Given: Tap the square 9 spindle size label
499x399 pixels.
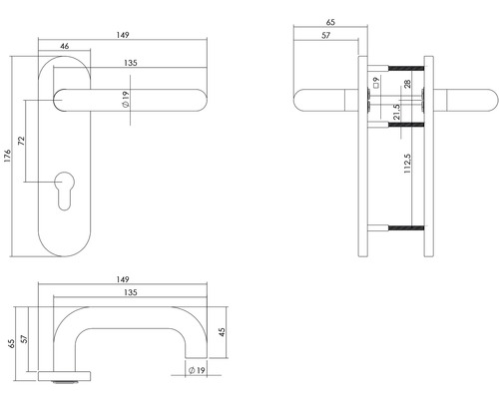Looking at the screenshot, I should pyautogui.click(x=374, y=82).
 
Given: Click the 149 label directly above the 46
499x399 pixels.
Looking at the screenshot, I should pyautogui.click(x=121, y=33).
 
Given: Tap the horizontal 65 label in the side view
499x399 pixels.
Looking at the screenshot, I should pyautogui.click(x=330, y=19).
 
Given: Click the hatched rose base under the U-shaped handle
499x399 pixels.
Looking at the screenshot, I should pyautogui.click(x=66, y=377).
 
